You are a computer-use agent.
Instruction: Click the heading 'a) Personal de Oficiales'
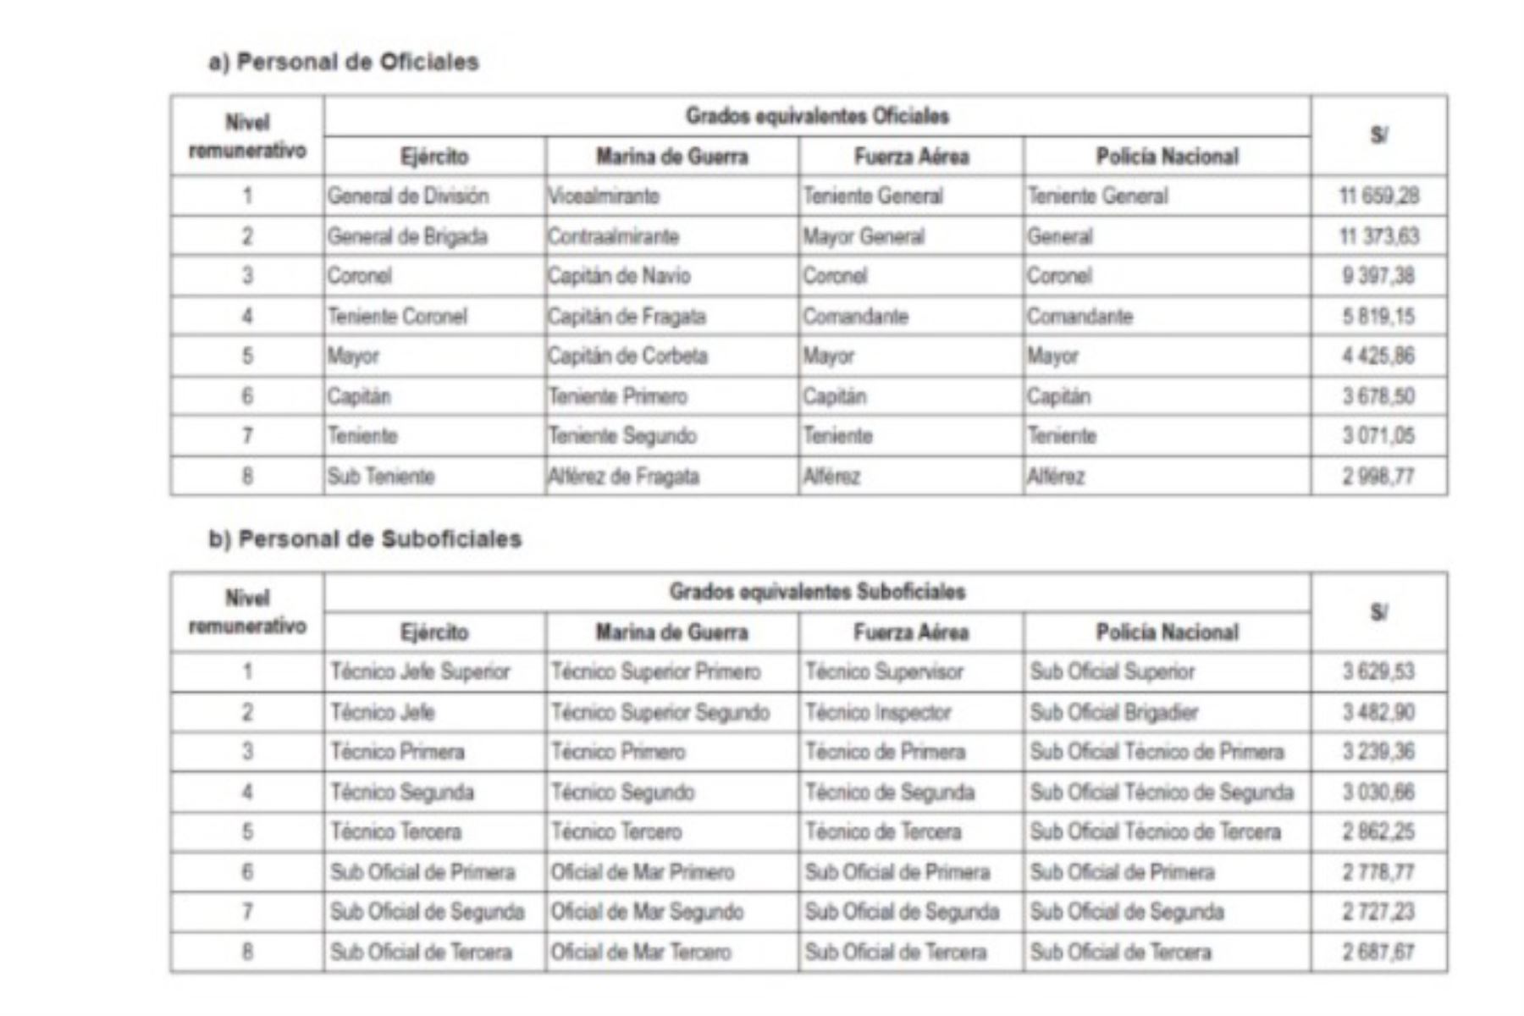(x=344, y=63)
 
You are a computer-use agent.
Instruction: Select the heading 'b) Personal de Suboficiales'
(x=365, y=539)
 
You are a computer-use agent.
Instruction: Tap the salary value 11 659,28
(x=1378, y=196)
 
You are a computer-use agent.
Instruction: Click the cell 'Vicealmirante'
(x=604, y=196)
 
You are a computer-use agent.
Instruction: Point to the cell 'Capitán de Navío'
(x=619, y=276)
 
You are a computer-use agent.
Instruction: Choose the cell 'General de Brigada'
(x=407, y=236)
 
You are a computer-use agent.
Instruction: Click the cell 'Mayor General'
(x=864, y=236)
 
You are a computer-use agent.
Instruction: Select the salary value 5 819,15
(x=1378, y=317)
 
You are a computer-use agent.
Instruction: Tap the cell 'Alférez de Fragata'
(x=624, y=477)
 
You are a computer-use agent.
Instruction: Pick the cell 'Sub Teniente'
(x=381, y=477)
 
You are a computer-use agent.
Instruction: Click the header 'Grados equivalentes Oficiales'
(x=817, y=116)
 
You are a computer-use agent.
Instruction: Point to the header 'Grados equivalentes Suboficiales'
(x=817, y=592)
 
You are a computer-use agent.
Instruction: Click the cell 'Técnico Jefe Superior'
(x=420, y=672)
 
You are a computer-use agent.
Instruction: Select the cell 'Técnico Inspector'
(x=878, y=712)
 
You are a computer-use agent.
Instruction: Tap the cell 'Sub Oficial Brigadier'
(x=1113, y=712)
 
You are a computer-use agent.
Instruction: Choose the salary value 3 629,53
(x=1378, y=672)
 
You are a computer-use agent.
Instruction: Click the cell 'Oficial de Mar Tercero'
(x=641, y=952)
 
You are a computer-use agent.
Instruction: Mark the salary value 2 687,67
(x=1378, y=952)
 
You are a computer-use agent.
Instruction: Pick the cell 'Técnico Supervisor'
(x=884, y=672)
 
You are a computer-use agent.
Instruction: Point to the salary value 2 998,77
(x=1378, y=477)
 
